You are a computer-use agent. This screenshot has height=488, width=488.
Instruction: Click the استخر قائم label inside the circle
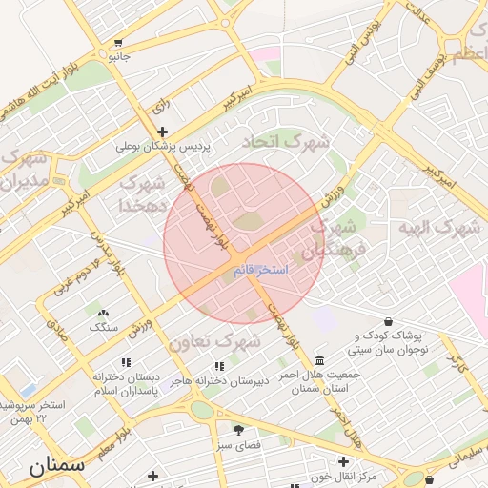coord(260,271)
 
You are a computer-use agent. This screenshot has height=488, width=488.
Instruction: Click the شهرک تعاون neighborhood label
coord(214,340)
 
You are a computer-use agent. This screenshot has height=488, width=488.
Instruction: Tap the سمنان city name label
coord(56,466)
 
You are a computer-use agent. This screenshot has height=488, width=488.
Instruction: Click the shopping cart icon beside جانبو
coord(117,43)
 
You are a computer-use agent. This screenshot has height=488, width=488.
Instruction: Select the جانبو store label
coord(116,57)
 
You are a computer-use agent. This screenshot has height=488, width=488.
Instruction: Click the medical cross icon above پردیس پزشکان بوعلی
coord(162,132)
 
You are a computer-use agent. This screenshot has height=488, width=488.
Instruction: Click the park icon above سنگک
coord(103,313)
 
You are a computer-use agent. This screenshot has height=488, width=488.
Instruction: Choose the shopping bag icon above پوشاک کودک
coord(387,322)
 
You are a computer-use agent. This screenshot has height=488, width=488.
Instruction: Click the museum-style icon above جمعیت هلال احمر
coord(317,361)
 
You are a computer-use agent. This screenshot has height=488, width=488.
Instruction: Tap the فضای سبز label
coord(238,445)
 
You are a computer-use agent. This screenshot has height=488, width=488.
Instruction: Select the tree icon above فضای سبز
coord(238,431)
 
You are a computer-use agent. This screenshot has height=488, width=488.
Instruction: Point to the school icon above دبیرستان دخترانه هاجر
coord(220,366)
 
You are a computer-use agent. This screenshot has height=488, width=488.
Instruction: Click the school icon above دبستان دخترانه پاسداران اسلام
coord(125,362)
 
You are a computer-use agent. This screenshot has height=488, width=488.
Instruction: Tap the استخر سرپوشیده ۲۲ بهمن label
coord(34,411)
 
